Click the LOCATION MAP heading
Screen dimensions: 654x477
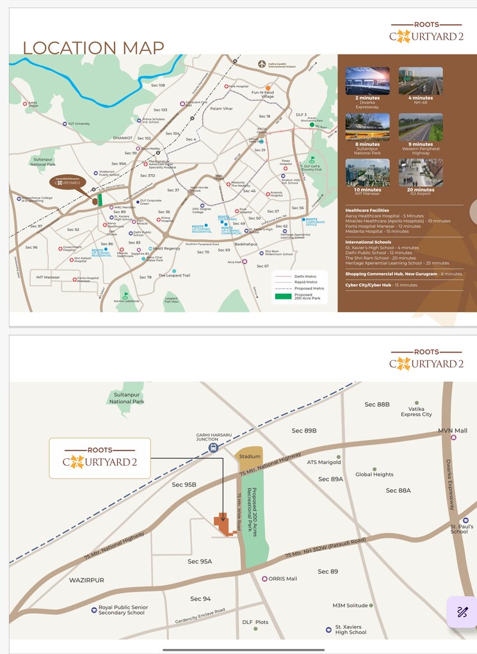93,48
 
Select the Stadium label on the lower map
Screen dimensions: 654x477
249,456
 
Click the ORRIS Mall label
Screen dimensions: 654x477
282,578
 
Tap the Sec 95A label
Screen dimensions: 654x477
200,561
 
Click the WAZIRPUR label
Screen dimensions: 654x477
86,580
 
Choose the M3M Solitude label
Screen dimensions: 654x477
350,605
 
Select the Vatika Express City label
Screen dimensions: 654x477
416,411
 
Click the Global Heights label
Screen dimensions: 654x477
375,474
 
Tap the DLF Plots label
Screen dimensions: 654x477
255,622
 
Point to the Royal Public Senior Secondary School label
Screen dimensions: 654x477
123,610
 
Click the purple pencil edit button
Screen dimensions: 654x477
462,612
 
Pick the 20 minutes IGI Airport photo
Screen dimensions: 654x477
421,173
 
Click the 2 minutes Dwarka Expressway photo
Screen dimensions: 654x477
368,81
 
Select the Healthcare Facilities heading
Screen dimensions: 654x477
368,210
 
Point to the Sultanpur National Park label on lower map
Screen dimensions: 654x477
127,398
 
